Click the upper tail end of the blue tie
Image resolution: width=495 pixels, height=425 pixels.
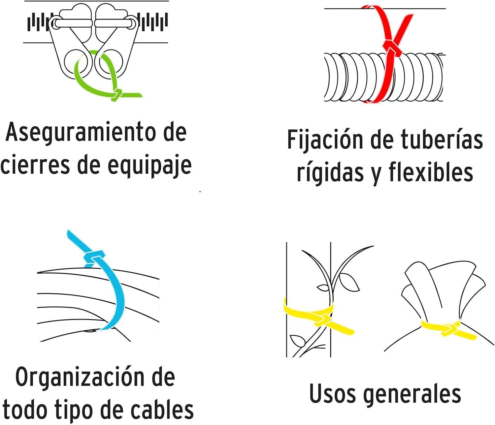(x=70, y=234)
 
